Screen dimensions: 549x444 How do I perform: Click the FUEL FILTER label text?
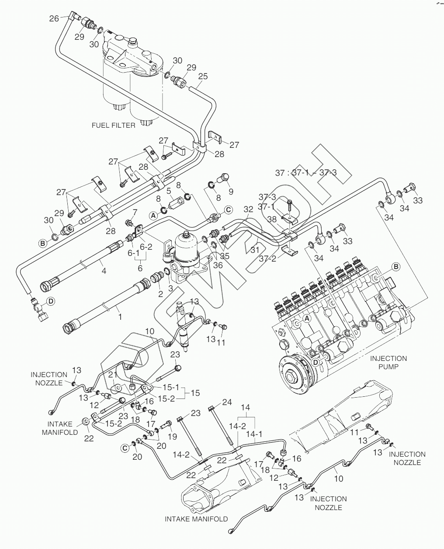pyautogui.click(x=113, y=125)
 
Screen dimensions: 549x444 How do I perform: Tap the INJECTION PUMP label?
pyautogui.click(x=388, y=363)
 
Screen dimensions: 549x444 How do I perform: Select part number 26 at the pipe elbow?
pyautogui.click(x=54, y=18)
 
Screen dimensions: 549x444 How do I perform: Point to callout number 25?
pyautogui.click(x=202, y=76)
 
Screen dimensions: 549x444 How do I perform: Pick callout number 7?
pyautogui.click(x=135, y=213)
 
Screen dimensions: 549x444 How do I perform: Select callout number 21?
pyautogui.click(x=113, y=374)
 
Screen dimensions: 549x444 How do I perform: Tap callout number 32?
pyautogui.click(x=248, y=210)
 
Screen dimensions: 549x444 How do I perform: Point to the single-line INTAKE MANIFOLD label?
pyautogui.click(x=196, y=519)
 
